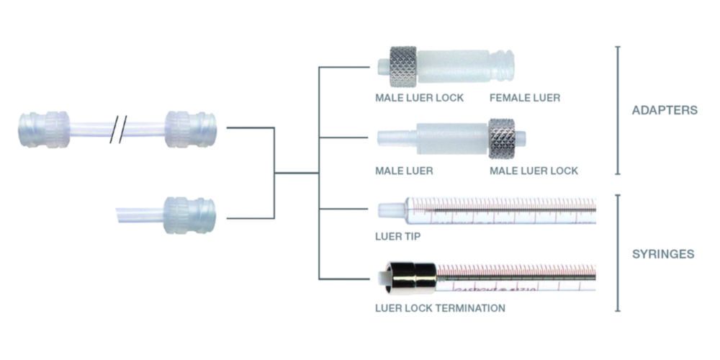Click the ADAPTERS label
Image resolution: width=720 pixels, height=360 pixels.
coord(664,111)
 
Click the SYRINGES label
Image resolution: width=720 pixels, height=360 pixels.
coord(663,253)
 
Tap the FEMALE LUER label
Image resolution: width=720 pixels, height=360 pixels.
coord(524,97)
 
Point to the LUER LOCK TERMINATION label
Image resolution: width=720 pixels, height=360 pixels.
coord(440,308)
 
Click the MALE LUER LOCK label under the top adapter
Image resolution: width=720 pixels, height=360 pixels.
coord(419,97)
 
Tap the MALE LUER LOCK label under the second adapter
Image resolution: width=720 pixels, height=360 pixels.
coord(534,171)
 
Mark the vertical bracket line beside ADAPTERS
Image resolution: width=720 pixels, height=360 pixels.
coord(617,110)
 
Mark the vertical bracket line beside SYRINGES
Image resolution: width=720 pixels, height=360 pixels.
coord(617,252)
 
